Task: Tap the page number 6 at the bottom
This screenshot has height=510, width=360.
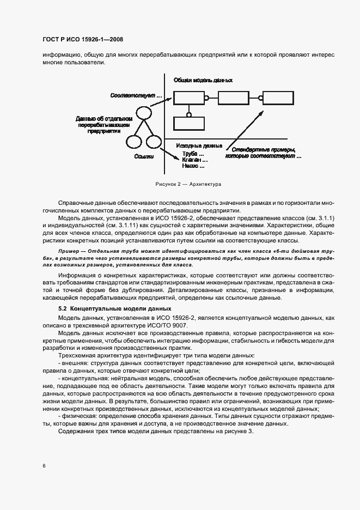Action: point(44,465)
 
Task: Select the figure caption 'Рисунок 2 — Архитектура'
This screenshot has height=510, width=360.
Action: point(180,184)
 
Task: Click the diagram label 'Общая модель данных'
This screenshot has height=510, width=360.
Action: point(203,80)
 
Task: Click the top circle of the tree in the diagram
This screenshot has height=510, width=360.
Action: point(143,113)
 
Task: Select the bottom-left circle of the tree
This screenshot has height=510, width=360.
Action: point(133,143)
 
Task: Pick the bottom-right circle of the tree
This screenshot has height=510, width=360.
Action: point(154,143)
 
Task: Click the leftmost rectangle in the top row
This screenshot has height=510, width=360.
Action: point(188,99)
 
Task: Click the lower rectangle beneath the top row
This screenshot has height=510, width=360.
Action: point(190,123)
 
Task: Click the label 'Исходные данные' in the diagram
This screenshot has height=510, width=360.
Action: point(199,146)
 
